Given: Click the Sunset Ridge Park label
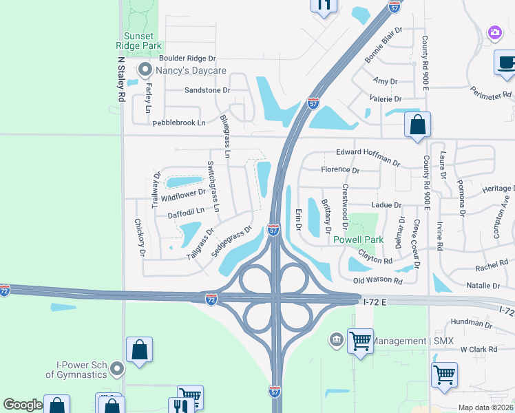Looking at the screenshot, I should coord(143,41).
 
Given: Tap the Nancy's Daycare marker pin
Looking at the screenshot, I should coord(145,70).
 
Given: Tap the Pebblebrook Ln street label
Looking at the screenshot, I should coord(178,123).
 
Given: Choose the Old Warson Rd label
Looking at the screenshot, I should coord(377,281).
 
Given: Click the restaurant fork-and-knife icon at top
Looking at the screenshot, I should coord(324,6).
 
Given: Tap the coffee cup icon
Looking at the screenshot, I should coord(506,63).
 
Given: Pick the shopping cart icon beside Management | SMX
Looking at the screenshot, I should coord(360,340).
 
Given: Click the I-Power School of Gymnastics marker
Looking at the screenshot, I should coord(117,370).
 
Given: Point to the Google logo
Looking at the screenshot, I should coord(23,405).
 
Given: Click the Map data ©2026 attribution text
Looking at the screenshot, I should coord(485,407).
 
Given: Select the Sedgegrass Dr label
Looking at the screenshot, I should coord(232,242).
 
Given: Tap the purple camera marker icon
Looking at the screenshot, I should coord(494,32).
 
